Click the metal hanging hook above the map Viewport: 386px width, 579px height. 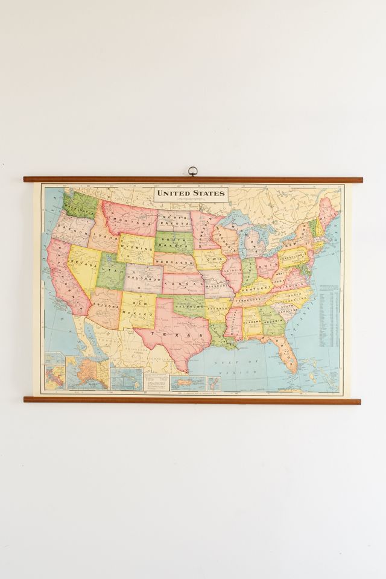coord(193,171)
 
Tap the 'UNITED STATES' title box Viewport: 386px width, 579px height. coord(191,194)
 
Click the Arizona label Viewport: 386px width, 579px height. coord(104,305)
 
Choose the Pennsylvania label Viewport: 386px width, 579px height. coord(294,254)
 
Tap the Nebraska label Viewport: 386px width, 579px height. coord(175,263)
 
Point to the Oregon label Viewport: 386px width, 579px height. coord(73,232)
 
